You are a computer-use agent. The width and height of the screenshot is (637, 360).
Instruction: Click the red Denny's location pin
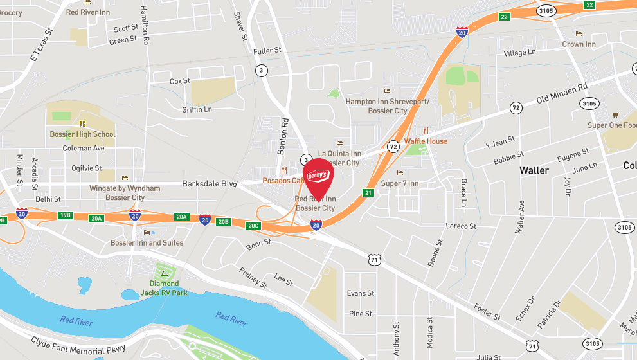[x=318, y=177]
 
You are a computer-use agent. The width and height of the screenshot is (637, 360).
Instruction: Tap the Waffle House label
[x=426, y=141]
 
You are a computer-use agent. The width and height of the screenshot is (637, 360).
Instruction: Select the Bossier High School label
[x=82, y=134]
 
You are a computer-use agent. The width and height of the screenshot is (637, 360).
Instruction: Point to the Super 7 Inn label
[x=400, y=184]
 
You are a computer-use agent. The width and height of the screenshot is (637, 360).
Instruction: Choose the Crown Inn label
[x=579, y=44]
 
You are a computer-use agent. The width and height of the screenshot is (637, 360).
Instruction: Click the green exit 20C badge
[x=253, y=225]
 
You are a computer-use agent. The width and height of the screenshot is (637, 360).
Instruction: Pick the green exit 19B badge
[x=64, y=215]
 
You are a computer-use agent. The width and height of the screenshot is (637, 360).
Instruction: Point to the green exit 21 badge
[x=368, y=192]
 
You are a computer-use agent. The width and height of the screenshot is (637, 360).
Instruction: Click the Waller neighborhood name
[x=534, y=170]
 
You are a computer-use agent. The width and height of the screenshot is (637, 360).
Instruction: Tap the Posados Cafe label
[x=282, y=181]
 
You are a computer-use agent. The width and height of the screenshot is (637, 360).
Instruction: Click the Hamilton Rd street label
[x=147, y=22]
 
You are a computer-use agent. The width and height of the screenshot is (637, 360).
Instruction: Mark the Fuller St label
[x=267, y=50]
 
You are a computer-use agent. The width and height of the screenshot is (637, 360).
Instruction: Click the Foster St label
[x=487, y=312]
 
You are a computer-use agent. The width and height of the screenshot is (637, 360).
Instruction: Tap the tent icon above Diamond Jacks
[x=165, y=274]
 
